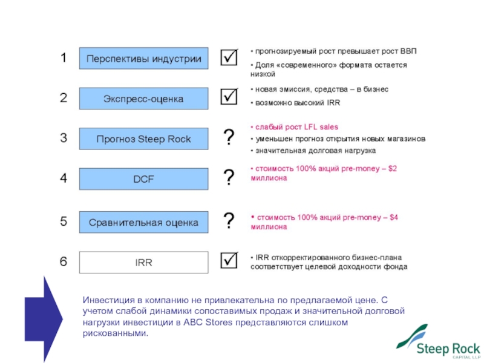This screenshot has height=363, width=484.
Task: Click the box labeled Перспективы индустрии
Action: click(x=144, y=59)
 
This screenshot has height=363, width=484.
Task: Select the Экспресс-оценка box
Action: click(x=144, y=98)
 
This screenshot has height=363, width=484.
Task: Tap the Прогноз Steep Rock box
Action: click(x=144, y=139)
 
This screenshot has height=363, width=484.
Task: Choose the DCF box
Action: click(x=144, y=179)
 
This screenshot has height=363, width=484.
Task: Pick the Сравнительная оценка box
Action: click(x=144, y=223)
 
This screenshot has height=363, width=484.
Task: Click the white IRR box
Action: click(x=144, y=263)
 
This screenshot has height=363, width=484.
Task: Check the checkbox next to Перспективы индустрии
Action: click(x=229, y=58)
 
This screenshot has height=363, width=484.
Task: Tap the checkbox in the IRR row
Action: click(x=229, y=261)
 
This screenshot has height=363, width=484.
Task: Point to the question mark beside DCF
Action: click(x=229, y=178)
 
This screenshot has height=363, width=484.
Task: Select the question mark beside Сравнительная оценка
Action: click(x=229, y=221)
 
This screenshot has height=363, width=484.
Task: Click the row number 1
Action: click(x=62, y=58)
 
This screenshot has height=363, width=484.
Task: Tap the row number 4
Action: click(x=63, y=178)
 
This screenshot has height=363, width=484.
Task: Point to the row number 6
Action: click(x=63, y=261)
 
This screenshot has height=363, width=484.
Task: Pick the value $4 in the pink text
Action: click(x=394, y=217)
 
